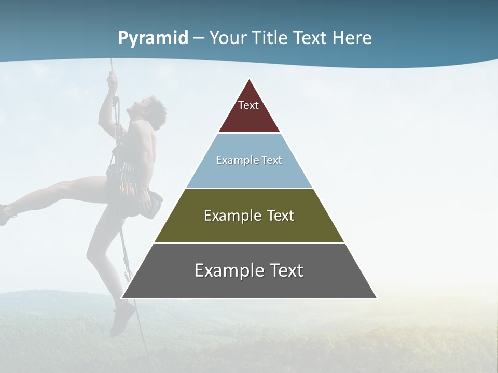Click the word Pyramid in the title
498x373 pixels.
(x=153, y=38)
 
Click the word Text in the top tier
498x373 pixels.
(x=248, y=105)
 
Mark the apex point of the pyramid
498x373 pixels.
(x=249, y=79)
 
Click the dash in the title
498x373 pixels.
(x=199, y=38)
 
